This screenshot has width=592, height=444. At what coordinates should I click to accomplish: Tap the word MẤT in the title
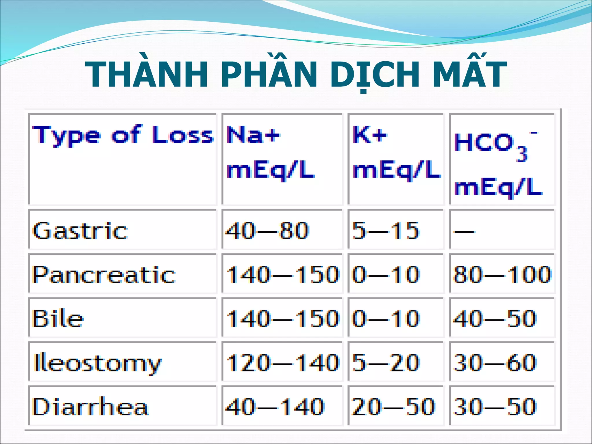click(x=469, y=74)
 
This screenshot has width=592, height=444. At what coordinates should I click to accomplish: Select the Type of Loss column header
click(x=123, y=135)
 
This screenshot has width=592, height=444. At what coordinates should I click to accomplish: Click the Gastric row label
click(x=80, y=231)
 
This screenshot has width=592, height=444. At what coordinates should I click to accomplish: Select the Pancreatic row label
click(x=104, y=274)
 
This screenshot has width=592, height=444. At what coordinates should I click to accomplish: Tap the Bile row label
click(x=58, y=319)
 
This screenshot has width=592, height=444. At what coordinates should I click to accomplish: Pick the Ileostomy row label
click(x=97, y=363)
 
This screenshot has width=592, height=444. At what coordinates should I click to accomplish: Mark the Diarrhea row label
click(x=90, y=407)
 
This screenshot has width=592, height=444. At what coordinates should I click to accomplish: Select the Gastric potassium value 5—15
click(x=386, y=231)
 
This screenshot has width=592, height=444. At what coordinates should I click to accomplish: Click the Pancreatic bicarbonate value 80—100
click(x=502, y=274)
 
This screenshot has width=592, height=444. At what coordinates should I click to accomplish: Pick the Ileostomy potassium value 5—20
click(x=386, y=363)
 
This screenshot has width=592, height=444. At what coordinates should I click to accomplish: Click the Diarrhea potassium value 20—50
click(x=393, y=407)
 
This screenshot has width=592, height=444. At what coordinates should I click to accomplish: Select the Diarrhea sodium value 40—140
click(x=275, y=407)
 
